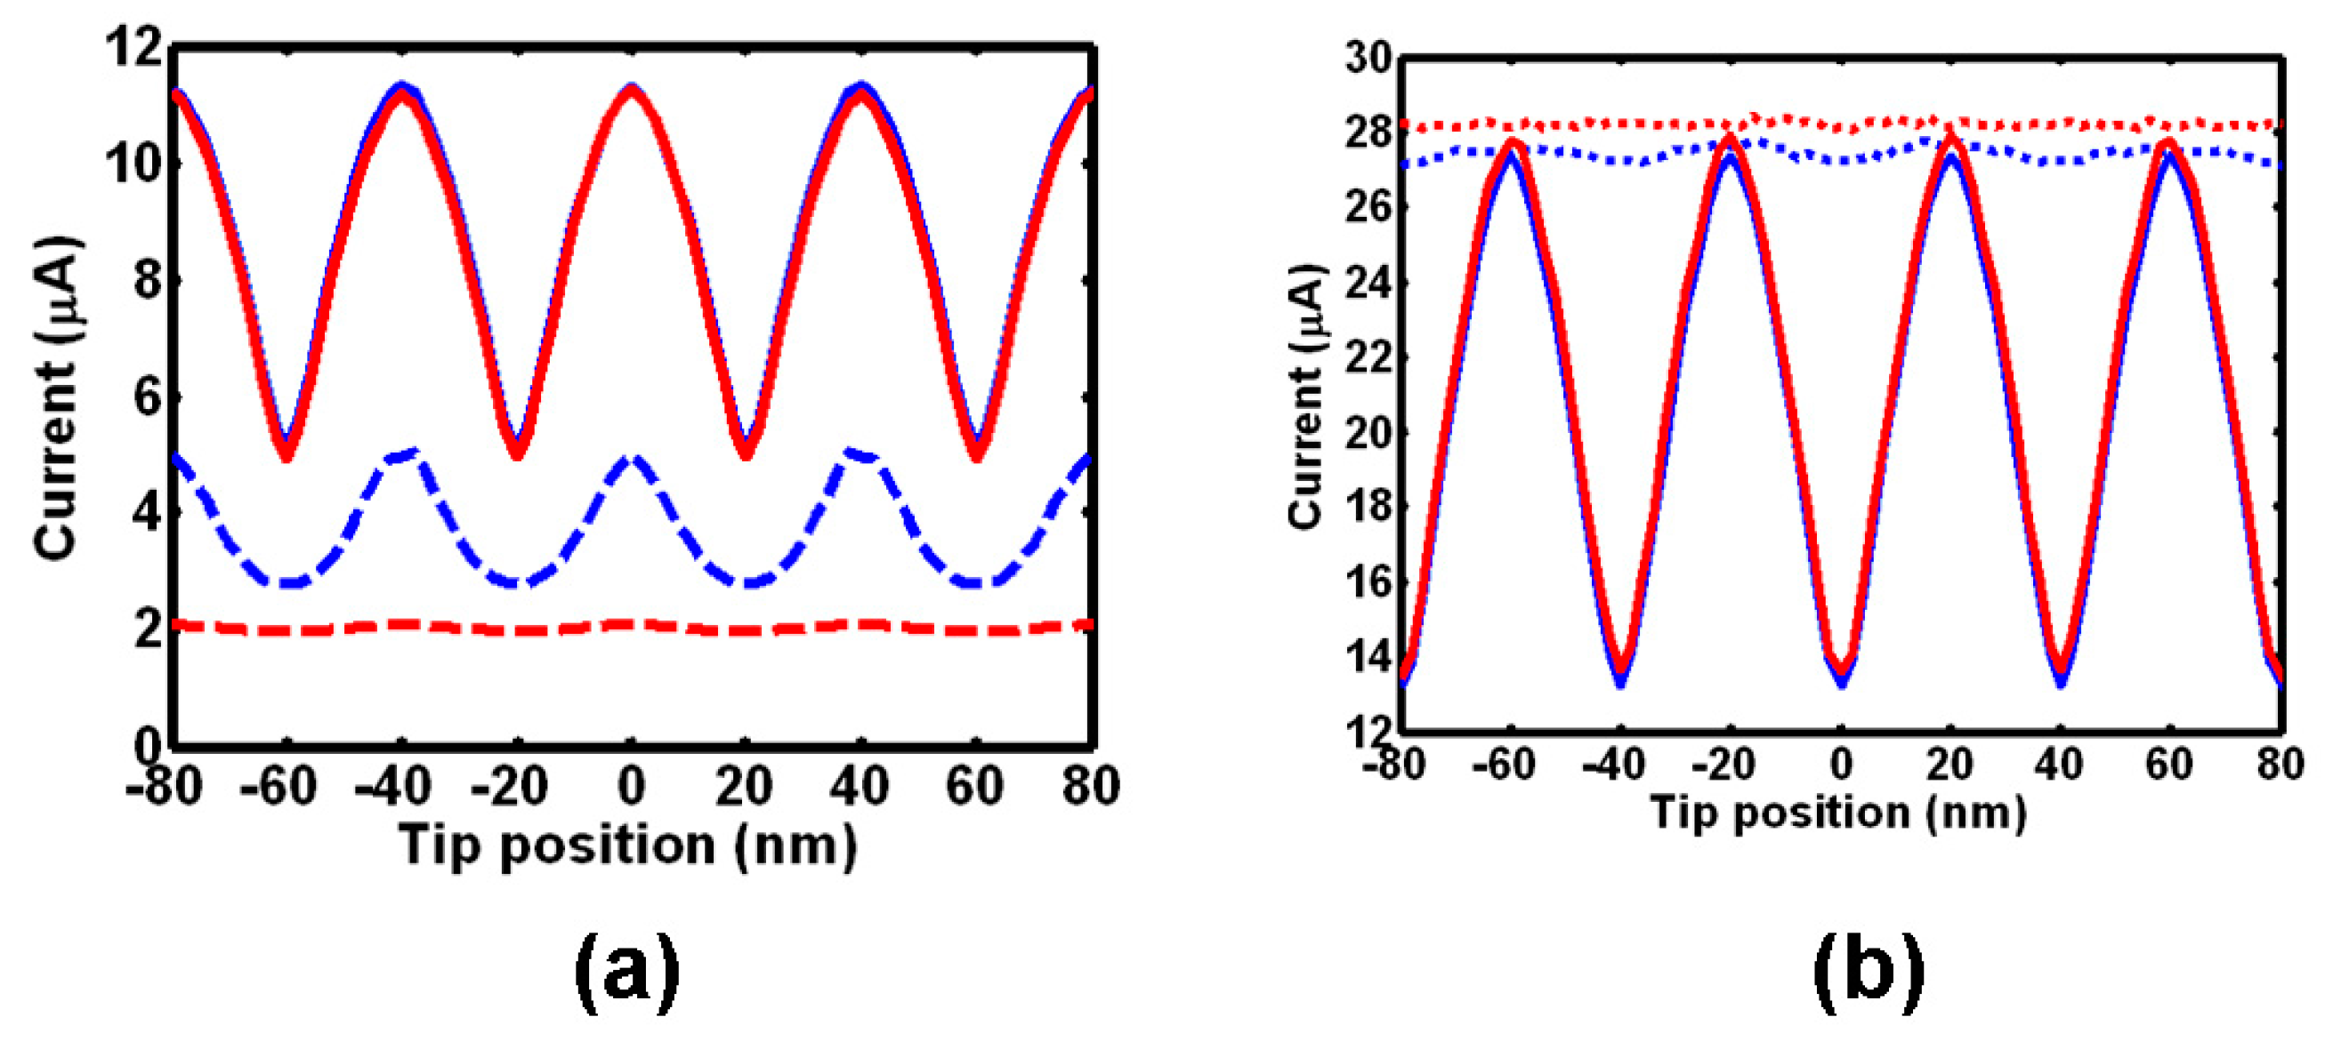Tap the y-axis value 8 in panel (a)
[148, 281]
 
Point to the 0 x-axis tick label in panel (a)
[631, 786]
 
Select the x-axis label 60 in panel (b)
[2168, 765]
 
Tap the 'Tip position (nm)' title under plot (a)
[627, 846]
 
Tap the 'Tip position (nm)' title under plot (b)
[1838, 812]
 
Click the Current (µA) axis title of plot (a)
[56, 398]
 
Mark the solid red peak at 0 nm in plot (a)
[631, 92]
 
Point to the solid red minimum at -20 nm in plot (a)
[516, 451]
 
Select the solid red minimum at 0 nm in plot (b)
[1841, 673]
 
